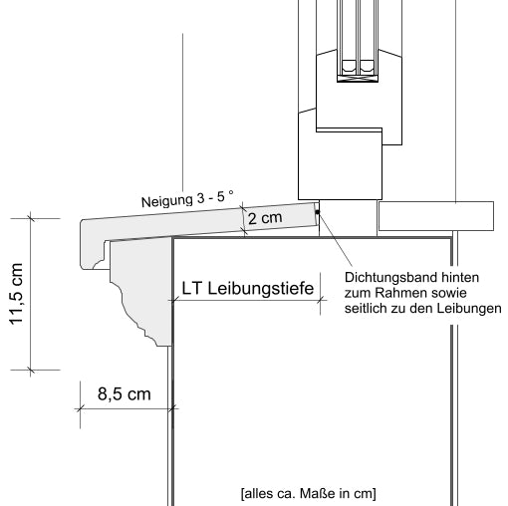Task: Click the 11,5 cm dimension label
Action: click(x=15, y=295)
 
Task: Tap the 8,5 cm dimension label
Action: click(x=124, y=394)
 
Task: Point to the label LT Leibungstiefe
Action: click(x=249, y=288)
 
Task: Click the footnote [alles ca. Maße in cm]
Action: click(x=308, y=493)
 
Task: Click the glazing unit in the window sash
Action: click(x=358, y=40)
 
